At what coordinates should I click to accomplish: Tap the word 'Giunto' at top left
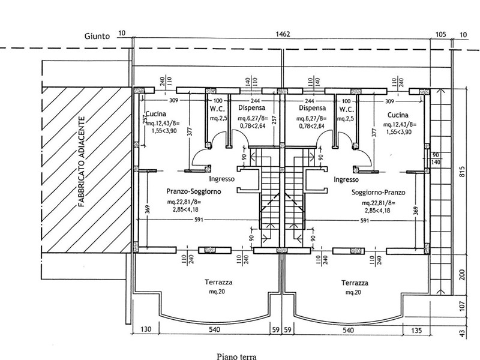coord(97,36)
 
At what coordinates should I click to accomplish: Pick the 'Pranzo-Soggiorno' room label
coord(194,191)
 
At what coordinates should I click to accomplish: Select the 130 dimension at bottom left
coord(145,329)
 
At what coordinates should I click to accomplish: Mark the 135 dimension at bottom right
coord(418,329)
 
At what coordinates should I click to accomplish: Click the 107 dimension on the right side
coord(463,304)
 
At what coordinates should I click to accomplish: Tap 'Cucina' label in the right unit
coord(398,114)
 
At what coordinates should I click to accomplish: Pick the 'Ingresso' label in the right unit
coord(346,179)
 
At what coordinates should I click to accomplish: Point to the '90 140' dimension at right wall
coord(436,159)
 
